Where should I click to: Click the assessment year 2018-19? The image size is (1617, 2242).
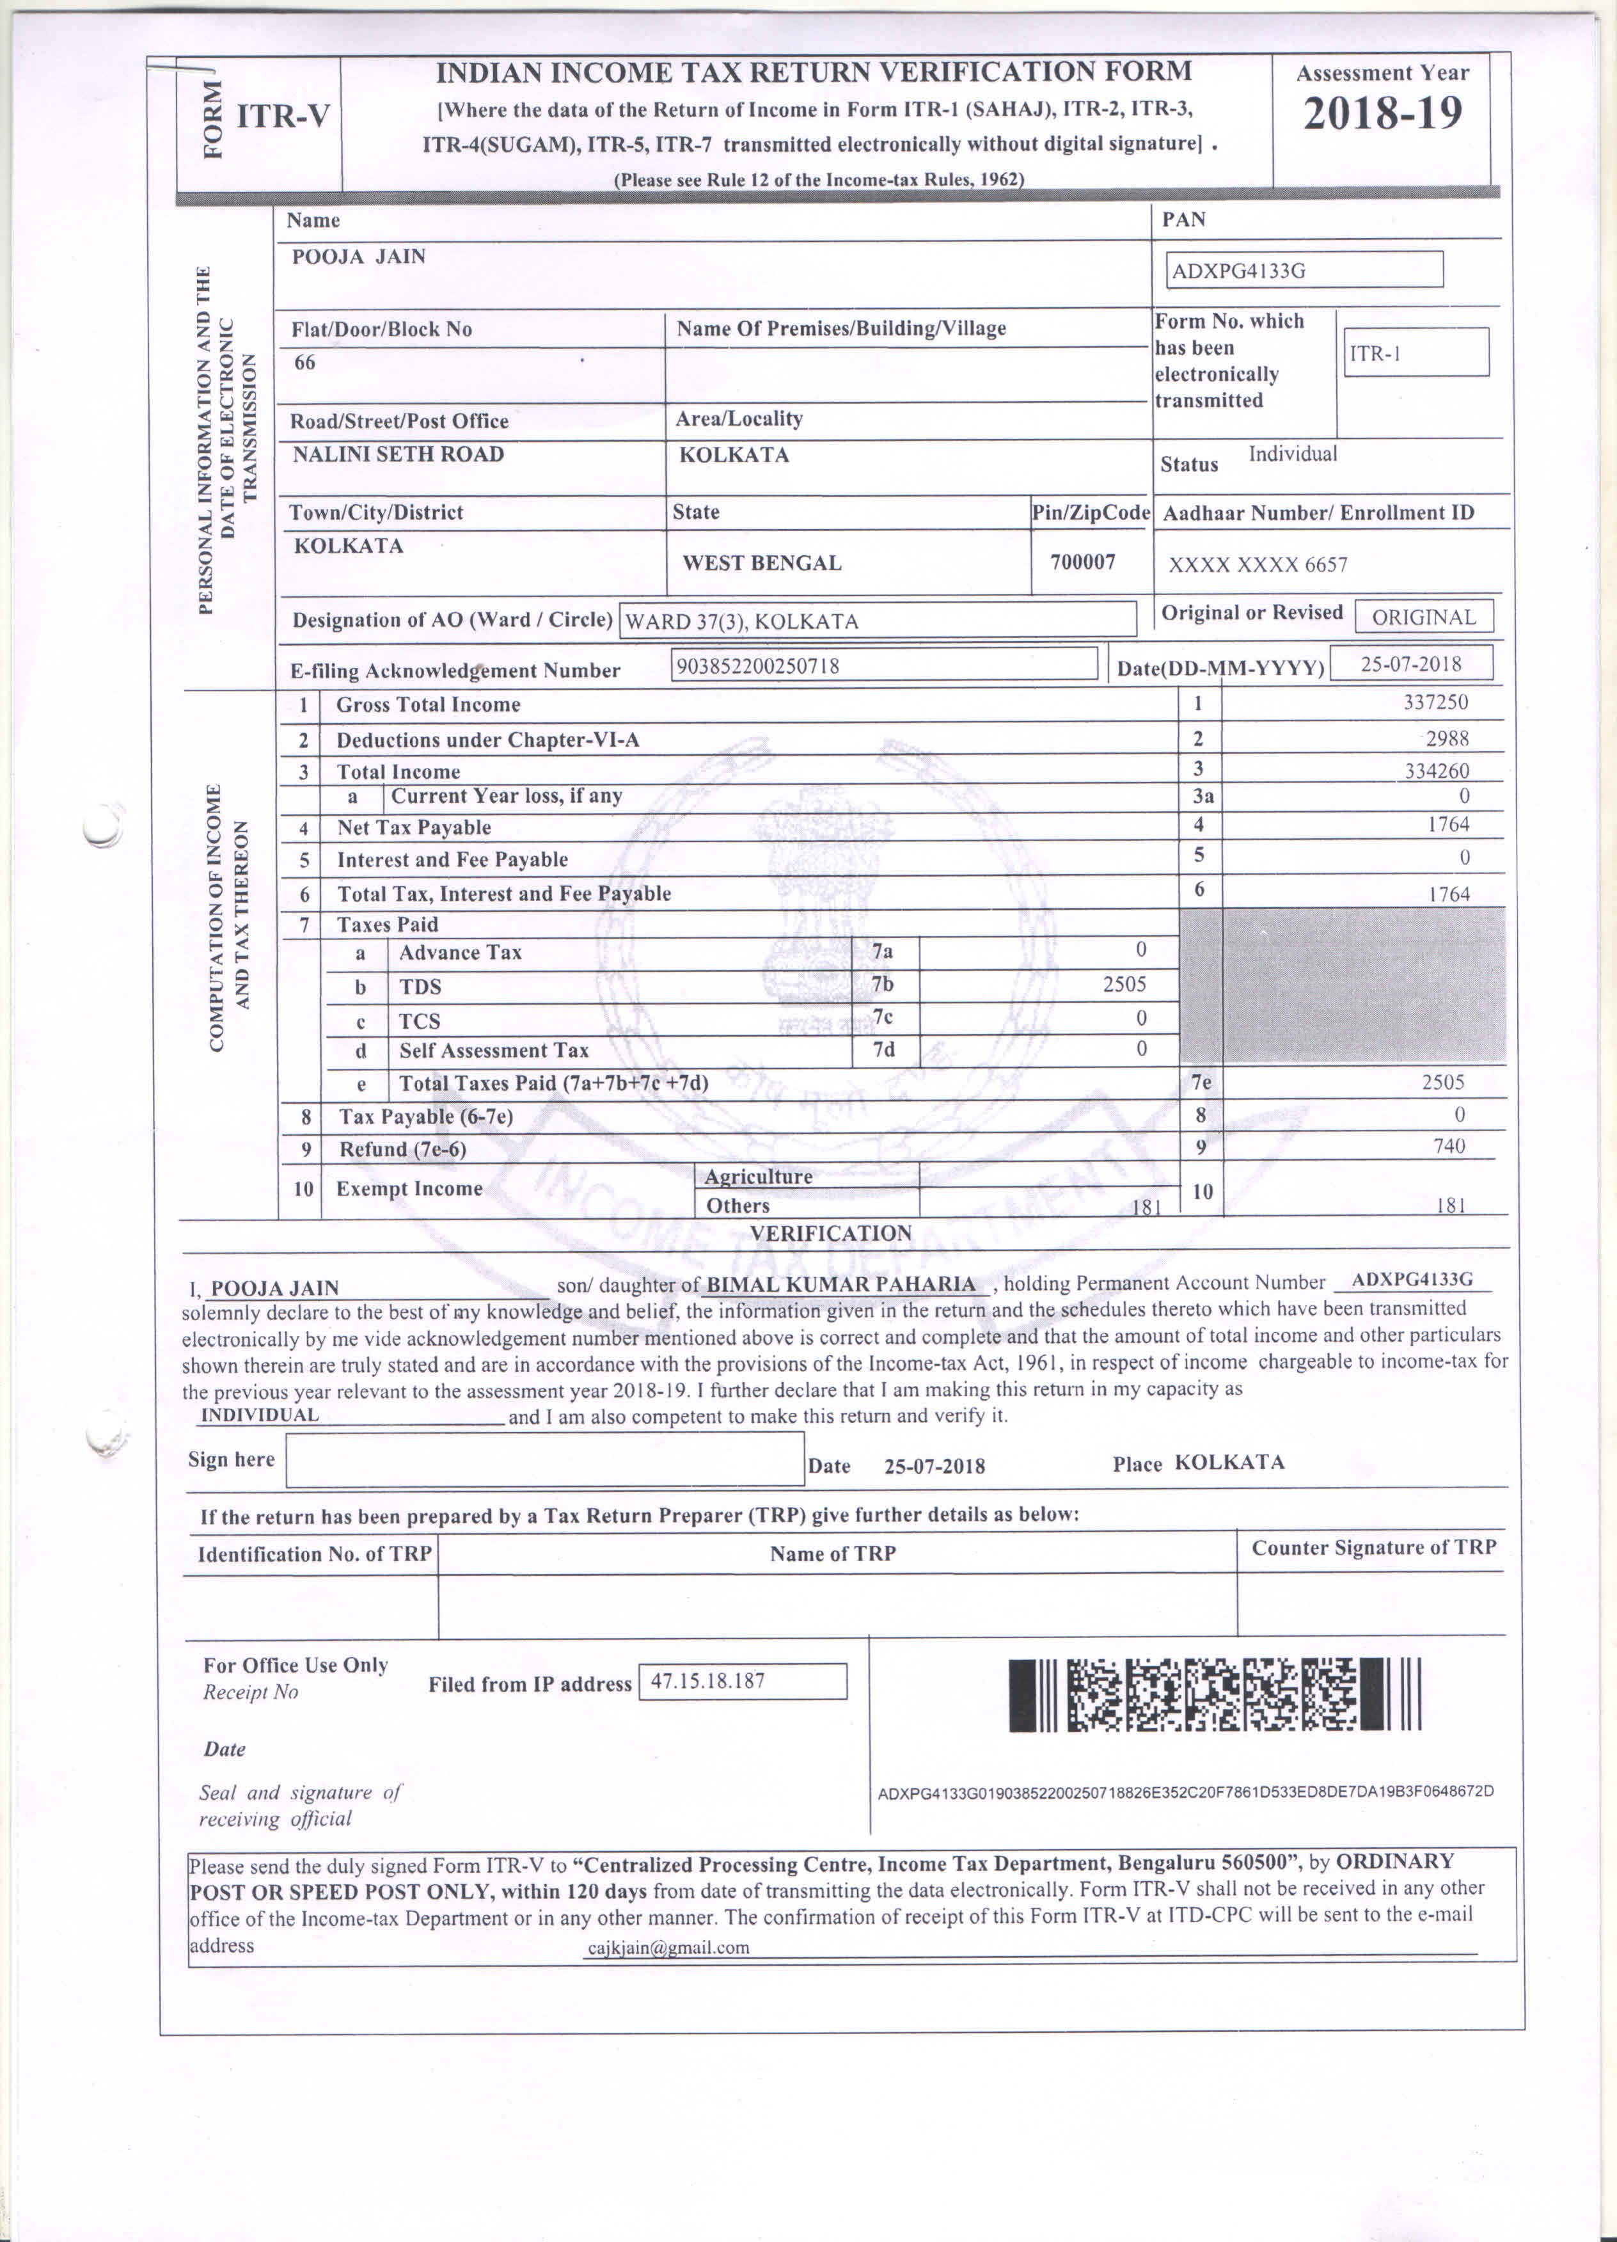tap(1382, 114)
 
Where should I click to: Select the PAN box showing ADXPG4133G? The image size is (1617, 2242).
tap(1304, 270)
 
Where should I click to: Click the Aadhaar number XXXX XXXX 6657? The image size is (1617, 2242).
tap(1258, 564)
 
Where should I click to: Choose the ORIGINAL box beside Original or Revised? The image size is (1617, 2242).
tap(1423, 617)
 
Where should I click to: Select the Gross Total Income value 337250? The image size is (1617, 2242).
tap(1435, 703)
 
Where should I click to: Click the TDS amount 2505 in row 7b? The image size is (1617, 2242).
tap(1124, 985)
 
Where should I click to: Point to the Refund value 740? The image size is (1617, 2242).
tap(1449, 1147)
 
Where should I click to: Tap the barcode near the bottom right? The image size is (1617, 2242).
tap(1215, 1694)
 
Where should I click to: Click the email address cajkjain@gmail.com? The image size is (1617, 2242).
tap(668, 1948)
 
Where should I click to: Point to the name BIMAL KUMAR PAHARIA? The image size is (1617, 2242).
tap(841, 1284)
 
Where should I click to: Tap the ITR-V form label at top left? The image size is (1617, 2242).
tap(283, 116)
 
